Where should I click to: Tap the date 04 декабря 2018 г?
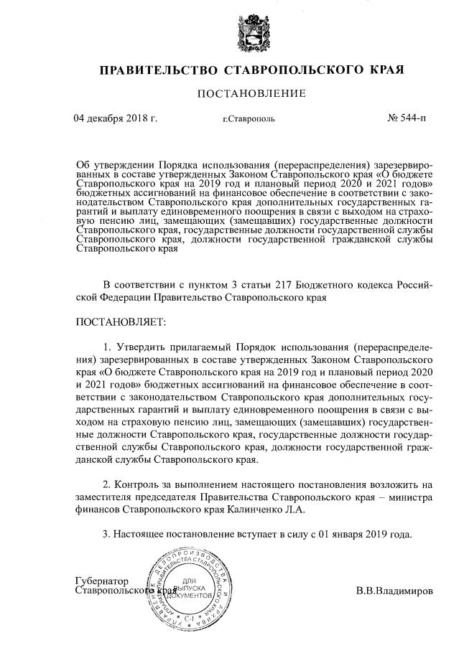pyautogui.click(x=115, y=118)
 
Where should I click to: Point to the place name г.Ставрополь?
pyautogui.click(x=248, y=119)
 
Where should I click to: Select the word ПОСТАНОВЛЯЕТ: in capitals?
pyautogui.click(x=120, y=321)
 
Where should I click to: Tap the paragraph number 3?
pyautogui.click(x=106, y=535)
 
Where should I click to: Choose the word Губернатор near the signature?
pyautogui.click(x=101, y=581)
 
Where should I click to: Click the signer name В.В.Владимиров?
pyautogui.click(x=394, y=592)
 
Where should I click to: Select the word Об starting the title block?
pyautogui.click(x=83, y=163)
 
